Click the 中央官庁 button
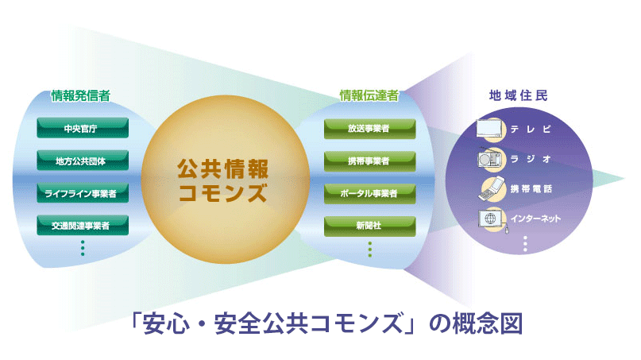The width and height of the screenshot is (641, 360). click(83, 128)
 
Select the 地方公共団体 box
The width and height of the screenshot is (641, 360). click(83, 161)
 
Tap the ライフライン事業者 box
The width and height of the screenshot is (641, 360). click(83, 192)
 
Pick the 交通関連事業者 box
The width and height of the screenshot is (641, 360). click(83, 225)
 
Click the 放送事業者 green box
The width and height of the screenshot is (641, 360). click(369, 129)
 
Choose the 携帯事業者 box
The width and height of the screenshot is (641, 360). click(369, 161)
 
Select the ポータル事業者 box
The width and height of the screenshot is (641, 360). click(369, 193)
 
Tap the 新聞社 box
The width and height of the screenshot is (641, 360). click(369, 226)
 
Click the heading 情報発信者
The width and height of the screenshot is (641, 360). click(81, 95)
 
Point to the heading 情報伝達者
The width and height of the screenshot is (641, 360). click(369, 95)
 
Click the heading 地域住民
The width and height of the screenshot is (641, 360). click(519, 95)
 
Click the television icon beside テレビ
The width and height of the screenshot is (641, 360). click(488, 129)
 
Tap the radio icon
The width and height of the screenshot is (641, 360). click(489, 158)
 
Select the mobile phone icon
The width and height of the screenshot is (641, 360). click(492, 188)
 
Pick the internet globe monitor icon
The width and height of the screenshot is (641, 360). click(492, 220)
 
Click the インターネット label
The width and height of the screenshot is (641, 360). click(535, 219)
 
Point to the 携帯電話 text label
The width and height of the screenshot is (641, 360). click(531, 188)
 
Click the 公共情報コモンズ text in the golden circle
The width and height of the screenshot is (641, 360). click(223, 180)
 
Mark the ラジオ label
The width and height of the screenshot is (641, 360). click(531, 159)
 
